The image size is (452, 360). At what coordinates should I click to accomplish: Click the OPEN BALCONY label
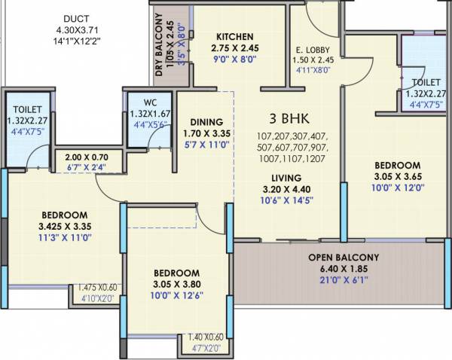click(x=343, y=258)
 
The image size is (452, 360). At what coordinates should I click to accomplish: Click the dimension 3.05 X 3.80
click(x=176, y=285)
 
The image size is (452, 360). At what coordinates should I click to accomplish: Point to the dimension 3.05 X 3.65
click(x=396, y=178)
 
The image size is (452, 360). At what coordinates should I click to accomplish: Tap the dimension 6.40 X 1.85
click(x=343, y=269)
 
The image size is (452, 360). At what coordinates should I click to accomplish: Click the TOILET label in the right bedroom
click(x=426, y=82)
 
